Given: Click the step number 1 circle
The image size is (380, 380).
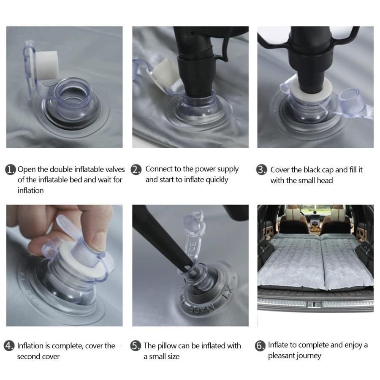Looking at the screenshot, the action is pyautogui.click(x=11, y=169).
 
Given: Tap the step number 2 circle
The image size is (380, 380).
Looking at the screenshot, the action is pyautogui.click(x=136, y=169).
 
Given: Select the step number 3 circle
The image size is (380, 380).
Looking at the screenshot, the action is pyautogui.click(x=261, y=170).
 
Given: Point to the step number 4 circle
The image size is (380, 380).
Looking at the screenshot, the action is pyautogui.click(x=9, y=345).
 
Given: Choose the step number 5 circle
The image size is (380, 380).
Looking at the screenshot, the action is pyautogui.click(x=136, y=345).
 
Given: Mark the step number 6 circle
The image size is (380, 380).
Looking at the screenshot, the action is pyautogui.click(x=260, y=345).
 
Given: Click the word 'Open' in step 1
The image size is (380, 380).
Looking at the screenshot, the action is pyautogui.click(x=26, y=169).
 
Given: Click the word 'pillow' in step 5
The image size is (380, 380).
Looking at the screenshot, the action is pyautogui.click(x=167, y=346).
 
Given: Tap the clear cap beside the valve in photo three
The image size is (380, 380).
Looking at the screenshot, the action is pyautogui.click(x=349, y=100).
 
